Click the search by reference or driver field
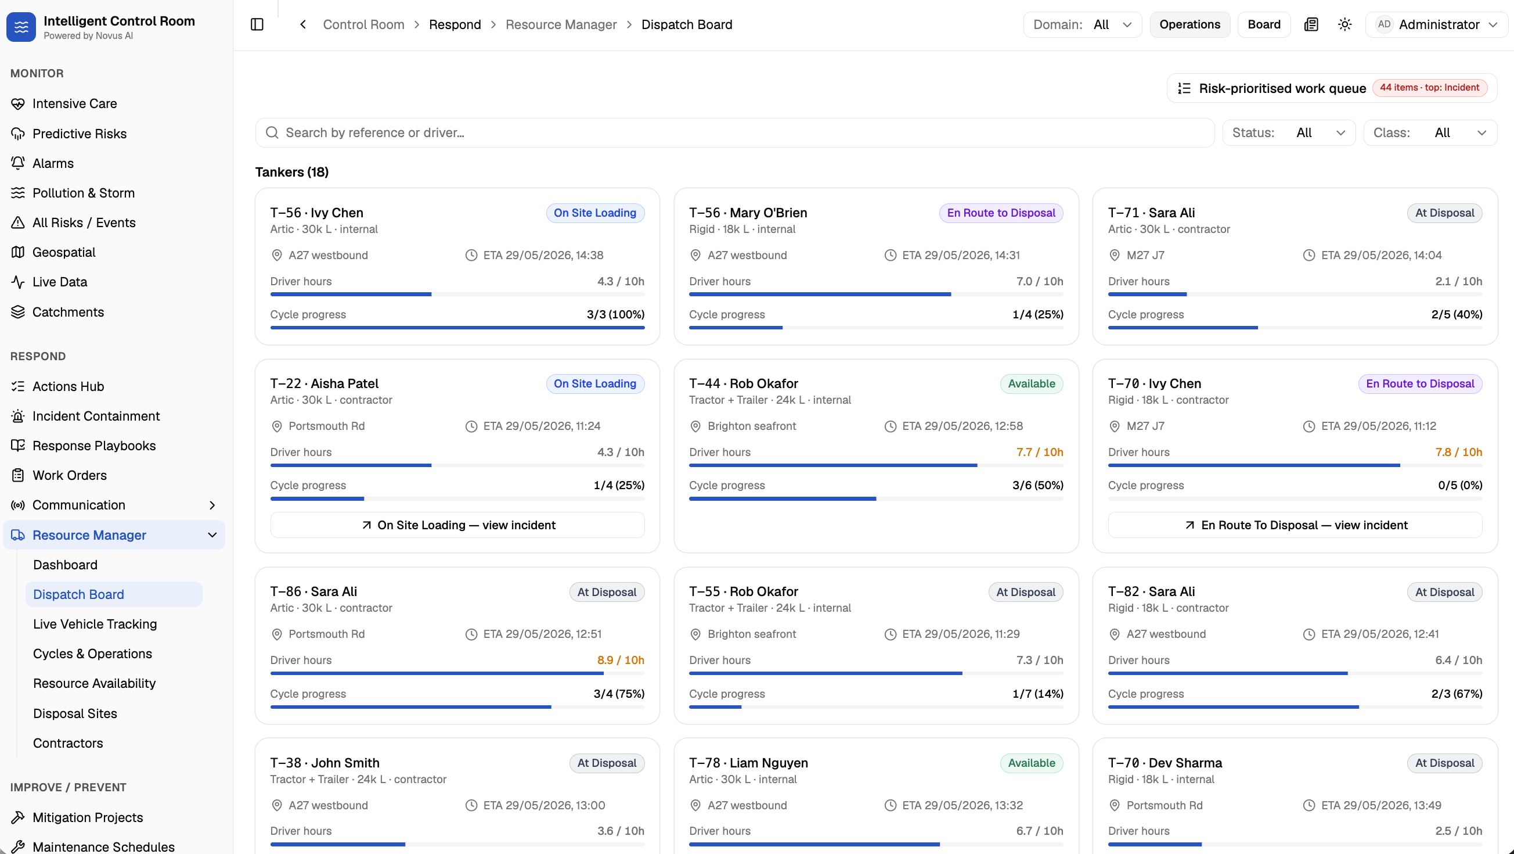coord(735,133)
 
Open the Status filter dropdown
coord(1289,133)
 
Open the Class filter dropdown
coord(1430,133)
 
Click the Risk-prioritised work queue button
coord(1332,88)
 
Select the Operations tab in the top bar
coord(1189,25)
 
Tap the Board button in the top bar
coord(1264,25)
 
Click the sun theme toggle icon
coord(1344,25)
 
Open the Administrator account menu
coord(1436,25)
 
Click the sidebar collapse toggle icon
coord(257,25)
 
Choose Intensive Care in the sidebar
coord(75,103)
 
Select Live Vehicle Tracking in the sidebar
coord(95,624)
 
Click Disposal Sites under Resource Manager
coord(75,713)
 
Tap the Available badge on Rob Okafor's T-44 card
coord(1032,384)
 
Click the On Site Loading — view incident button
coord(457,525)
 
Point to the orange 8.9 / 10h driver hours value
coord(621,661)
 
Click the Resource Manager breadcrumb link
coord(561,25)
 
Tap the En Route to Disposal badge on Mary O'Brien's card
coord(1001,213)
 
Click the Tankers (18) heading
coord(291,173)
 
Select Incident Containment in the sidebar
coord(96,417)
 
